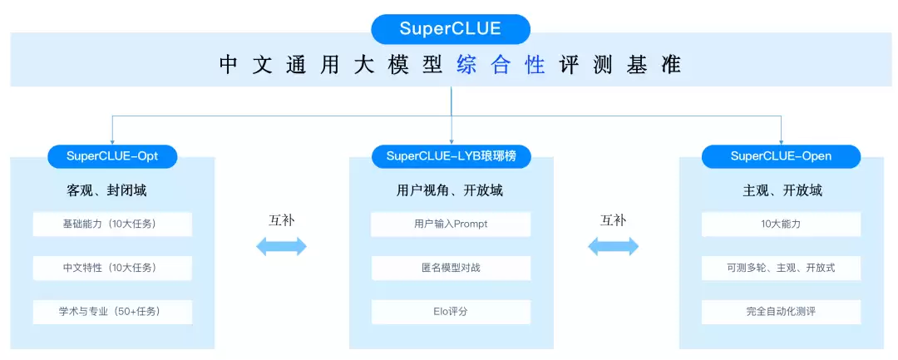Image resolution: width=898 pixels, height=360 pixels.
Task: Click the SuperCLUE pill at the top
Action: pos(450,29)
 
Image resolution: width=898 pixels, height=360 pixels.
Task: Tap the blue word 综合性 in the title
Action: pos(501,65)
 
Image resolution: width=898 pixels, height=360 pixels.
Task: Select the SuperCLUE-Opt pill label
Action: pos(112,156)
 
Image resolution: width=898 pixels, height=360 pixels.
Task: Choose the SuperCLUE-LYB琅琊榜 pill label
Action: pos(451,156)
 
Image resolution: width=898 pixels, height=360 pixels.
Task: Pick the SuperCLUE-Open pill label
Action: pos(781,156)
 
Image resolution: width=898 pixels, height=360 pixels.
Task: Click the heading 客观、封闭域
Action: pos(106,190)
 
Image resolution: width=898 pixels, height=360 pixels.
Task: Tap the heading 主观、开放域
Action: pos(782,190)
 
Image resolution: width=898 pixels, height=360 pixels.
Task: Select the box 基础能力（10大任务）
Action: pos(112,224)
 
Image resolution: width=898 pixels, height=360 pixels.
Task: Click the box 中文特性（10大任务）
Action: pos(112,268)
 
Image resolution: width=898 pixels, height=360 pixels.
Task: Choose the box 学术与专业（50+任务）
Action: pos(112,312)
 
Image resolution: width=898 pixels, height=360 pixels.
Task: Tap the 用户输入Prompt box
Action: pos(451,224)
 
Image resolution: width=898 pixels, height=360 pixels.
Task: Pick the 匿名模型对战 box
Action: pos(451,268)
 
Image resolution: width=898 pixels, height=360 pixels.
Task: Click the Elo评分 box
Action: pos(451,312)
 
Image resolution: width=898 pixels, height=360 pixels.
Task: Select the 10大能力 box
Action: pos(781,224)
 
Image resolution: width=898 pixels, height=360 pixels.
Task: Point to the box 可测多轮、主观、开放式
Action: pos(781,268)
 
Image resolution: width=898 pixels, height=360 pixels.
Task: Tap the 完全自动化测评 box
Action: pos(781,312)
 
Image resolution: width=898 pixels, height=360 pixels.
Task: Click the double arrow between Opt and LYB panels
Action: pos(281,247)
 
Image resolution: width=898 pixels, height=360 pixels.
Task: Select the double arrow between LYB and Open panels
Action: pos(614,247)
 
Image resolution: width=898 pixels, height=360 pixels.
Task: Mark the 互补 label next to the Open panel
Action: pos(614,220)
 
